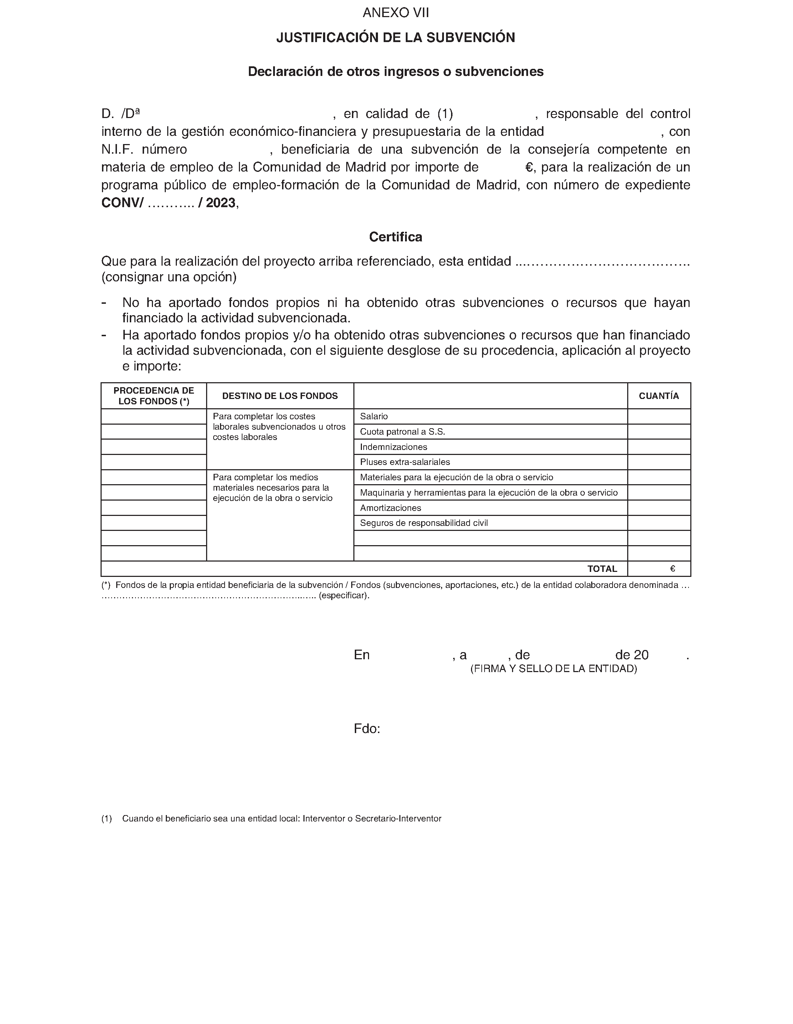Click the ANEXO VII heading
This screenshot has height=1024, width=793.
pos(396,13)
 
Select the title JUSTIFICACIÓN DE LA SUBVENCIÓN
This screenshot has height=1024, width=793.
pos(396,37)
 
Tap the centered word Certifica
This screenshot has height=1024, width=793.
pos(396,237)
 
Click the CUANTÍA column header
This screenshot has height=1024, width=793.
pos(659,396)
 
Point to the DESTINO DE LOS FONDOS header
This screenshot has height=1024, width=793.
pos(280,396)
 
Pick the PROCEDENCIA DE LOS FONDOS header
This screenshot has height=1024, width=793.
pos(154,396)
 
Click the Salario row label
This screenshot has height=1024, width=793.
pos(374,416)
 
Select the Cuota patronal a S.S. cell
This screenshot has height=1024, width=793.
pos(402,432)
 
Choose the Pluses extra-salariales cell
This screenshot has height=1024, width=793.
pos(405,462)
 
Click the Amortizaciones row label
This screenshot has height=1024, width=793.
pos(391,508)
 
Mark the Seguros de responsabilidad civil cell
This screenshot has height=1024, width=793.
pos(424,523)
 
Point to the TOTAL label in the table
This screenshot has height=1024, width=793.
pos(602,569)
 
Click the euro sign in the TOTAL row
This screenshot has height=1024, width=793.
pos(673,569)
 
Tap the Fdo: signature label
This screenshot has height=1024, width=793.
pos(367,729)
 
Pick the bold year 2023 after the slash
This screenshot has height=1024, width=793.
pos(221,203)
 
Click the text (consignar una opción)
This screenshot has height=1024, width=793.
pos(169,277)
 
